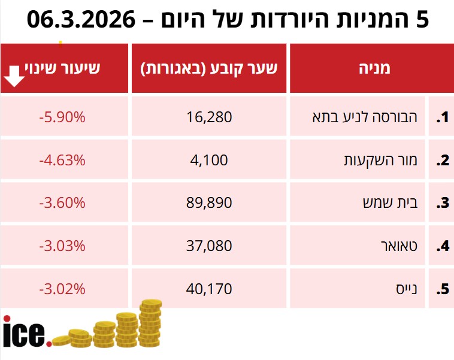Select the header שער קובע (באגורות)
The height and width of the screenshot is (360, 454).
pyautogui.click(x=209, y=68)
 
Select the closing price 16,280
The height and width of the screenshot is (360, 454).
pyautogui.click(x=209, y=117)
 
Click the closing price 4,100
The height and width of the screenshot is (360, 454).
pyautogui.click(x=209, y=160)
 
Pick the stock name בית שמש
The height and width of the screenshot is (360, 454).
pyautogui.click(x=392, y=202)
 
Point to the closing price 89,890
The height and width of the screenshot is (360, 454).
pyautogui.click(x=209, y=202)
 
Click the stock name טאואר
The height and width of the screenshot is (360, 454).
pyautogui.click(x=399, y=246)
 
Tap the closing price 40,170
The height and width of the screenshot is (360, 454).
pyautogui.click(x=209, y=289)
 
